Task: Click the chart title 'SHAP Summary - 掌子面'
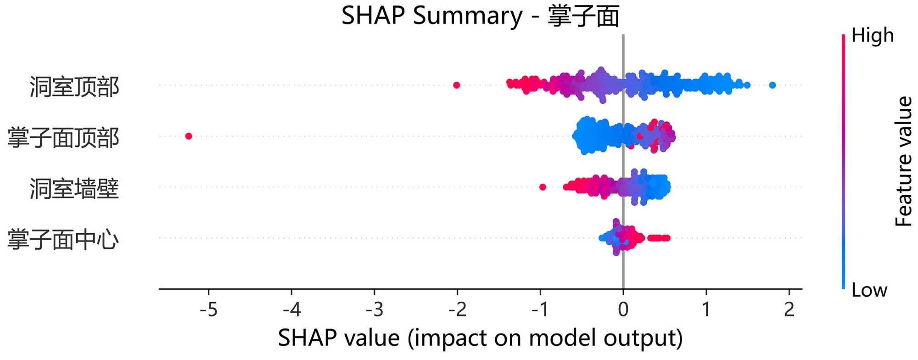coord(480,17)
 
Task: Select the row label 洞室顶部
coord(74,87)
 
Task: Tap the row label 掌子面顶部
coord(63,138)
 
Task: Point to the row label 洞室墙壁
coord(74,189)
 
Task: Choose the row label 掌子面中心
coord(63,240)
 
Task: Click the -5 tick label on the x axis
coord(208,310)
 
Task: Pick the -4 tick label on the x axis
coord(291,310)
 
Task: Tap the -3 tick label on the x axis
coord(374,310)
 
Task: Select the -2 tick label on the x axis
coord(457,310)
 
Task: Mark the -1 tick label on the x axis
coord(540,310)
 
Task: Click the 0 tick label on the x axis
coord(623,310)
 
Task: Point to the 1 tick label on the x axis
coord(706,310)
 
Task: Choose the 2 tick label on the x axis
coord(789,310)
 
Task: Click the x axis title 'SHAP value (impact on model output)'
coord(480,339)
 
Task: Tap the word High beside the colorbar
coord(873,36)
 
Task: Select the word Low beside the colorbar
coord(869,290)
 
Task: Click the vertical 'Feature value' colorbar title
coord(904,161)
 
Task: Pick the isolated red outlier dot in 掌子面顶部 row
coord(188,136)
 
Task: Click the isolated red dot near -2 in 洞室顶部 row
coord(456,85)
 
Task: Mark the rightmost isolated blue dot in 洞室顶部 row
coord(772,85)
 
